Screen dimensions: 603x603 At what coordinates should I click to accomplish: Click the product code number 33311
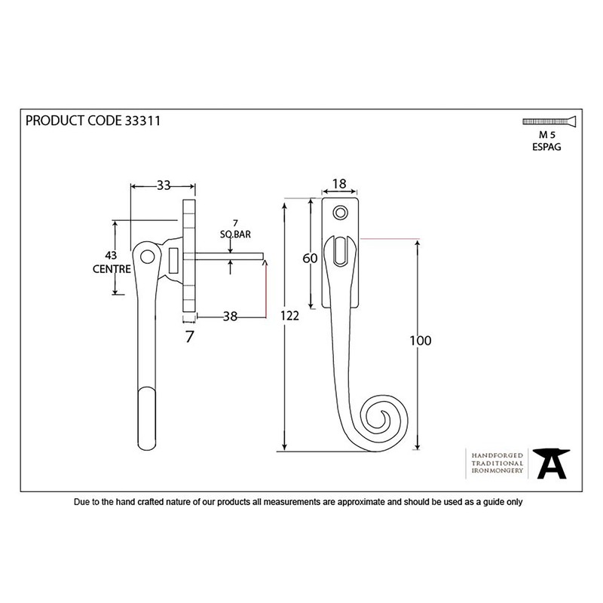140,120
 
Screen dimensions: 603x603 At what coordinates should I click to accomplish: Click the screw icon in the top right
547,121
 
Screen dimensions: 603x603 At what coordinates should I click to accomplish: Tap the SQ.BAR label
236,235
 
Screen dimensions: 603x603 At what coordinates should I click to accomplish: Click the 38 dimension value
231,317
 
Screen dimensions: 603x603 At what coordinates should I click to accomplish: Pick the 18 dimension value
338,184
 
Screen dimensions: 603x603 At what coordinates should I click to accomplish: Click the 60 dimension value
308,259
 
